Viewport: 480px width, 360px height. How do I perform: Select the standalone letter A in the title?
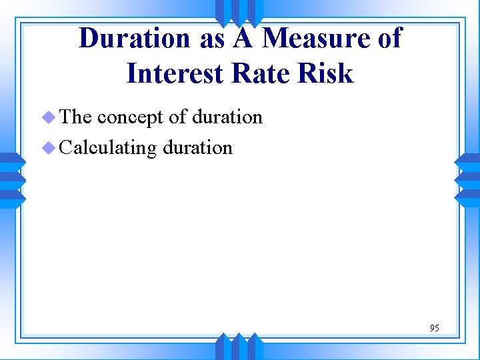pos(243,39)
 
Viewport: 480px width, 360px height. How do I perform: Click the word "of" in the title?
pos(388,39)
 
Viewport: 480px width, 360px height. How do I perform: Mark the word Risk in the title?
pos(327,73)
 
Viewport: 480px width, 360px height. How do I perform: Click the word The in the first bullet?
pos(75,117)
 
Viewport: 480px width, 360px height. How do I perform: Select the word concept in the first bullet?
pos(130,117)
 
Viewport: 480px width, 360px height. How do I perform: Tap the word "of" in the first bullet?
pos(177,117)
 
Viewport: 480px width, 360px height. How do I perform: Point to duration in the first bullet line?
pos(227,117)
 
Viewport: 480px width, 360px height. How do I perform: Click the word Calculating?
pos(107,147)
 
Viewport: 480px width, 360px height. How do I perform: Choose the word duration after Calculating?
pos(197,147)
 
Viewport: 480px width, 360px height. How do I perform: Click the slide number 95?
pos(435,327)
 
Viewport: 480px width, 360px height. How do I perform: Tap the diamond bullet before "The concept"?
pos(48,118)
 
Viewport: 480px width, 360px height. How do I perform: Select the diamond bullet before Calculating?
pos(48,148)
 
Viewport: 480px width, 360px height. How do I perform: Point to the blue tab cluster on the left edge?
pos(11,179)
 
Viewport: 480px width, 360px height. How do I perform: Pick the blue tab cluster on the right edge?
pos(467,179)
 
